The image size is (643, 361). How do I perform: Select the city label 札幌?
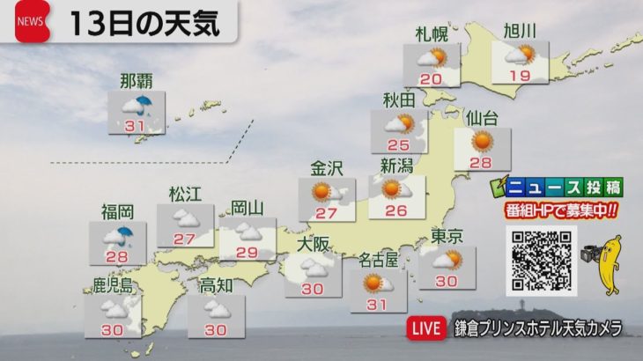coord(432,34)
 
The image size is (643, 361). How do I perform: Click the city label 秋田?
coord(399,99)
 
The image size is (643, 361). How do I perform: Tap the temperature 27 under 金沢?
coord(327,213)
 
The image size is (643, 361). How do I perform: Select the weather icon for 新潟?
coord(391,188)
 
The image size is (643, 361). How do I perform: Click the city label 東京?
coord(448,235)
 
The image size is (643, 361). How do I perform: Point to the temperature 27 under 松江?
coord(184,239)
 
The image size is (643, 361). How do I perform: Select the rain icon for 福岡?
coord(118,234)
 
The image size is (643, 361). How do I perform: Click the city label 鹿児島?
coord(113,285)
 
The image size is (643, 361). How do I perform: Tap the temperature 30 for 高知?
coord(215,329)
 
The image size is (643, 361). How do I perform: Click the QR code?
coord(541,261)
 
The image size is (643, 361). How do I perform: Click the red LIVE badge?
coord(426,328)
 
